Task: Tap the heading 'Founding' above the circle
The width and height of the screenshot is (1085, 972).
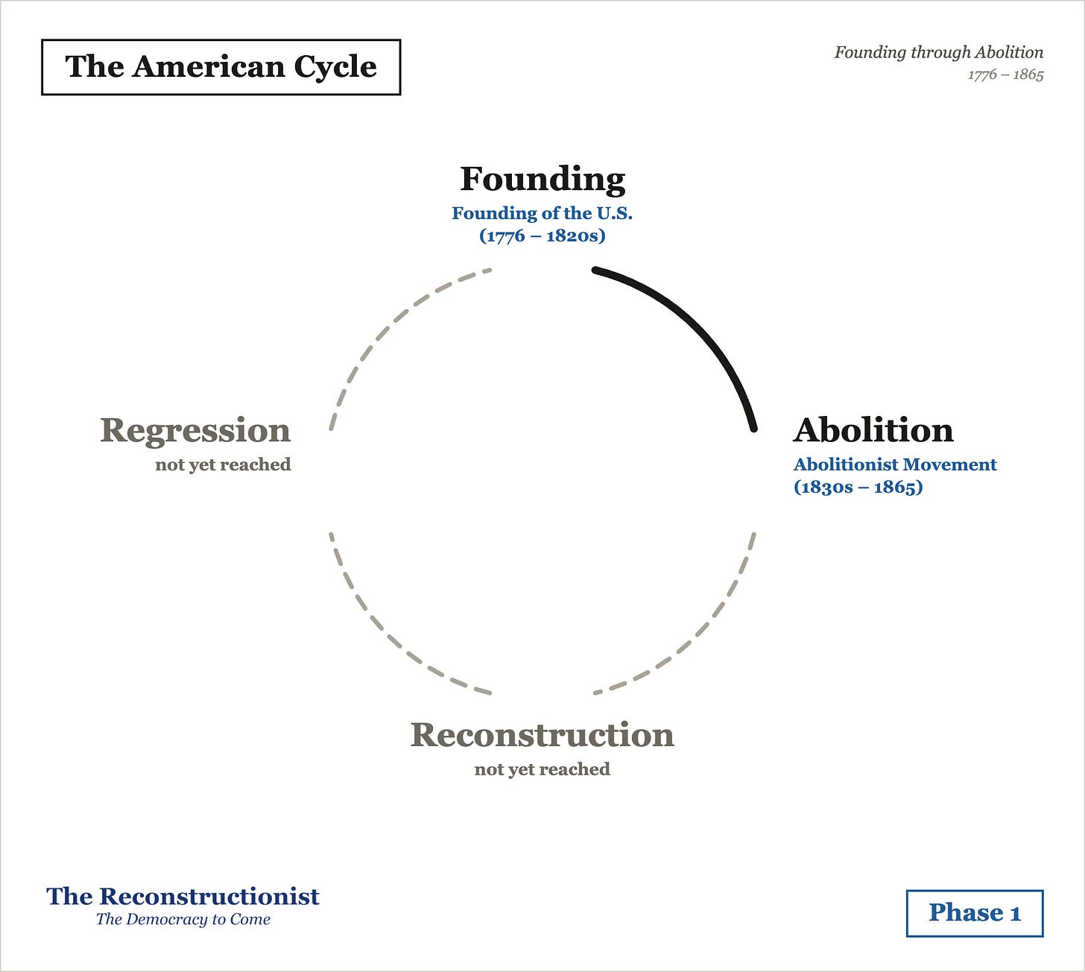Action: coord(542,179)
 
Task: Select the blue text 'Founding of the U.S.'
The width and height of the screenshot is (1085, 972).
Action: coord(542,213)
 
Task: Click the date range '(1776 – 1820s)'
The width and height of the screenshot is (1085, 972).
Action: coord(542,236)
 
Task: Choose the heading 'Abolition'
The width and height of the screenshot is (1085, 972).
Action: coord(873,430)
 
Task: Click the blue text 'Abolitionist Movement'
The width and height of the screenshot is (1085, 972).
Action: coord(895,464)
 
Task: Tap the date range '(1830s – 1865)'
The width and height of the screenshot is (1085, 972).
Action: coord(858,487)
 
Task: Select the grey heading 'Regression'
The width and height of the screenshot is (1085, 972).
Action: coord(195,431)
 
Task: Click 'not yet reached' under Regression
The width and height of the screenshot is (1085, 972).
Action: coord(224,464)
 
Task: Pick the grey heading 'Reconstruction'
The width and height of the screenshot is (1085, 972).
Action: coord(542,735)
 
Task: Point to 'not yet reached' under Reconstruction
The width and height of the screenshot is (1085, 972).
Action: coord(542,769)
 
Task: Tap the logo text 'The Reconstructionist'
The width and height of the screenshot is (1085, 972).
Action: coord(183,897)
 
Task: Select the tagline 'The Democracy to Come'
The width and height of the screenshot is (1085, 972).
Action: coord(183,920)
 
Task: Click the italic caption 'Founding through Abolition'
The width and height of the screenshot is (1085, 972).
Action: coord(939,52)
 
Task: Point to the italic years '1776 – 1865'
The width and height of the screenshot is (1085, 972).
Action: coord(1005,75)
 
